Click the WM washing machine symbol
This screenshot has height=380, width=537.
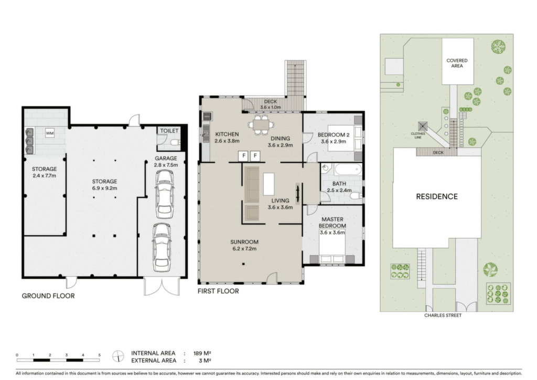[50, 133]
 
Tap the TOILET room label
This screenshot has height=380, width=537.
[169, 131]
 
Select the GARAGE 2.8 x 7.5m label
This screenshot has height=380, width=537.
[166, 161]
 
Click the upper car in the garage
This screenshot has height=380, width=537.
[164, 194]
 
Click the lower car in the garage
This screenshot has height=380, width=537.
[162, 247]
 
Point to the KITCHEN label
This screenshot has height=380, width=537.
[227, 134]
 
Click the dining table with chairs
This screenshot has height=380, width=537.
[262, 125]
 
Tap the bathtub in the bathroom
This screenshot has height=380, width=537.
[348, 170]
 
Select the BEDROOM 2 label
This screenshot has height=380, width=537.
[333, 135]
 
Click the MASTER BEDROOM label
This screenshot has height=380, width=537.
[332, 223]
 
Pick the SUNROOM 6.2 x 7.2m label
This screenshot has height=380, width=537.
[244, 245]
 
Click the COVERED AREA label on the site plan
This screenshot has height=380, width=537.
[457, 63]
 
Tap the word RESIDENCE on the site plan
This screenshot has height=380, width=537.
[437, 197]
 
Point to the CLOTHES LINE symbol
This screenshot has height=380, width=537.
[423, 126]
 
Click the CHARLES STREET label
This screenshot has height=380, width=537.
[443, 315]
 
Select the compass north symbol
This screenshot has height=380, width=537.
[118, 356]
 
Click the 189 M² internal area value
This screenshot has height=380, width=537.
[202, 353]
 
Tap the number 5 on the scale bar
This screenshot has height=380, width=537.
[99, 355]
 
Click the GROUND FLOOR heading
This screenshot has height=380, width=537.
[48, 296]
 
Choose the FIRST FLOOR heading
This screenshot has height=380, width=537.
[218, 291]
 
